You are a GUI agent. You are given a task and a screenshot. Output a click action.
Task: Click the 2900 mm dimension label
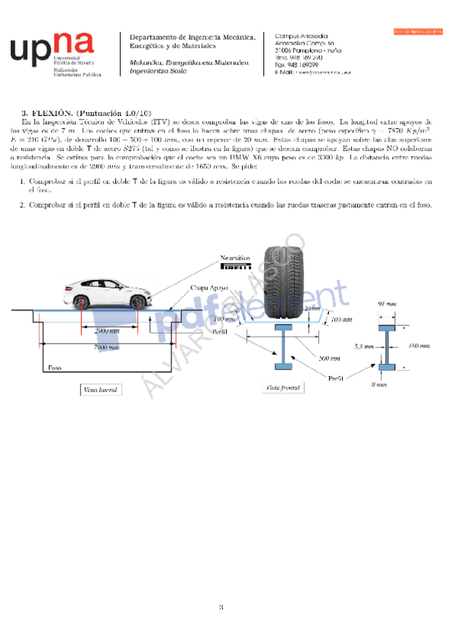pos(106,331)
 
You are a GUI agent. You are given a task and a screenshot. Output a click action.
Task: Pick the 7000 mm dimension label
pos(105,347)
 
